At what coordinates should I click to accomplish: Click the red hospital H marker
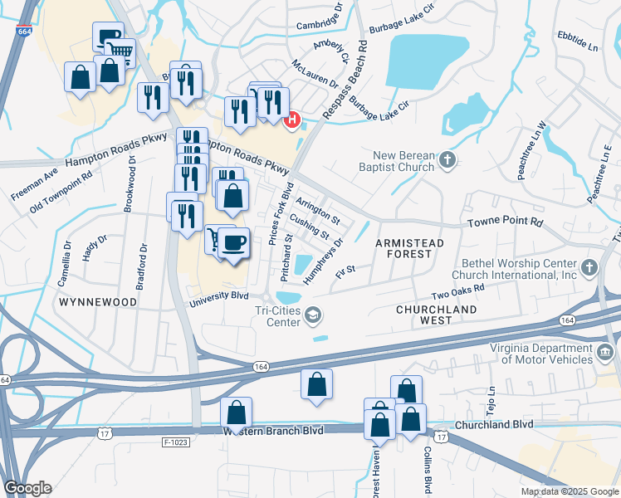[x=292, y=121]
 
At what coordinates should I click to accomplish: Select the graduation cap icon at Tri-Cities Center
[x=313, y=314]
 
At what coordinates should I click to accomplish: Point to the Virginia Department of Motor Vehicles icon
[x=606, y=354]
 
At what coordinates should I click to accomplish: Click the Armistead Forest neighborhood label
[x=410, y=242]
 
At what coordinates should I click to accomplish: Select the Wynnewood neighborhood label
[x=97, y=303]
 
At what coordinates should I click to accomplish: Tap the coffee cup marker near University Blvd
[x=234, y=242]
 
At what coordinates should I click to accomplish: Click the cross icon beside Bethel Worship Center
[x=589, y=267]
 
